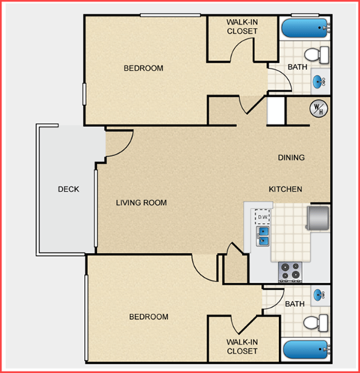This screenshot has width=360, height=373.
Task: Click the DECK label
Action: coord(68,189)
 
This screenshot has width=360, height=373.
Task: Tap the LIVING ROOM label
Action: coord(141,203)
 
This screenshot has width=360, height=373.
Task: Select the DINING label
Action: coord(291,158)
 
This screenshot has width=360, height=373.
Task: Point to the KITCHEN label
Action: coord(286,189)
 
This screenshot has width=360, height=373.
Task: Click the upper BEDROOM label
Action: coord(143,68)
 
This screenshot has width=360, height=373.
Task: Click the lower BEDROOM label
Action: coord(148,317)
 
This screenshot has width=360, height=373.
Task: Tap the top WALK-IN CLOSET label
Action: coord(241,26)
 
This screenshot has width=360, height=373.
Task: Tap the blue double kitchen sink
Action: coord(263,236)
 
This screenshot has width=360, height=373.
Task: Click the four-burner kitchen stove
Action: coord(289,269)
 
